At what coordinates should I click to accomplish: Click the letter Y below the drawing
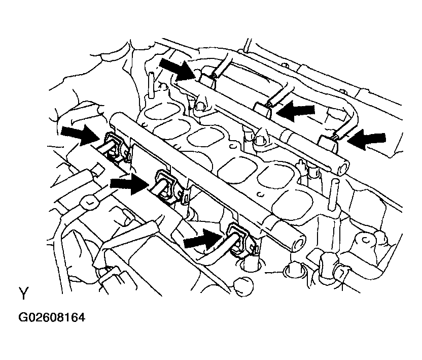point(24,293)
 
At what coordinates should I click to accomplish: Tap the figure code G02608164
point(52,318)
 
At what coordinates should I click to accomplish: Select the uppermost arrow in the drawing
point(177,69)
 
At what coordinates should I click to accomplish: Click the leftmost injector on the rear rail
point(208,81)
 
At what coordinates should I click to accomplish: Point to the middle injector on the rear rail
point(263,110)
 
